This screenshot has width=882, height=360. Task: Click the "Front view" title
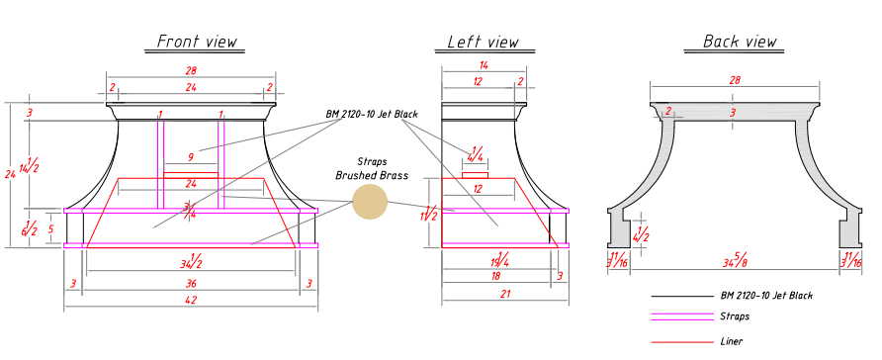pyautogui.click(x=197, y=42)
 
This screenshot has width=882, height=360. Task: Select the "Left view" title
pyautogui.click(x=484, y=42)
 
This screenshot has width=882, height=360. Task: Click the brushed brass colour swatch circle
pyautogui.click(x=370, y=202)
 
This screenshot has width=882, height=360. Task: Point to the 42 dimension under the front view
pyautogui.click(x=191, y=301)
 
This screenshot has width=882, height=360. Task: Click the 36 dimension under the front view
pyautogui.click(x=191, y=284)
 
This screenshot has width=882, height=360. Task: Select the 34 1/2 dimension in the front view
pyautogui.click(x=191, y=261)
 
